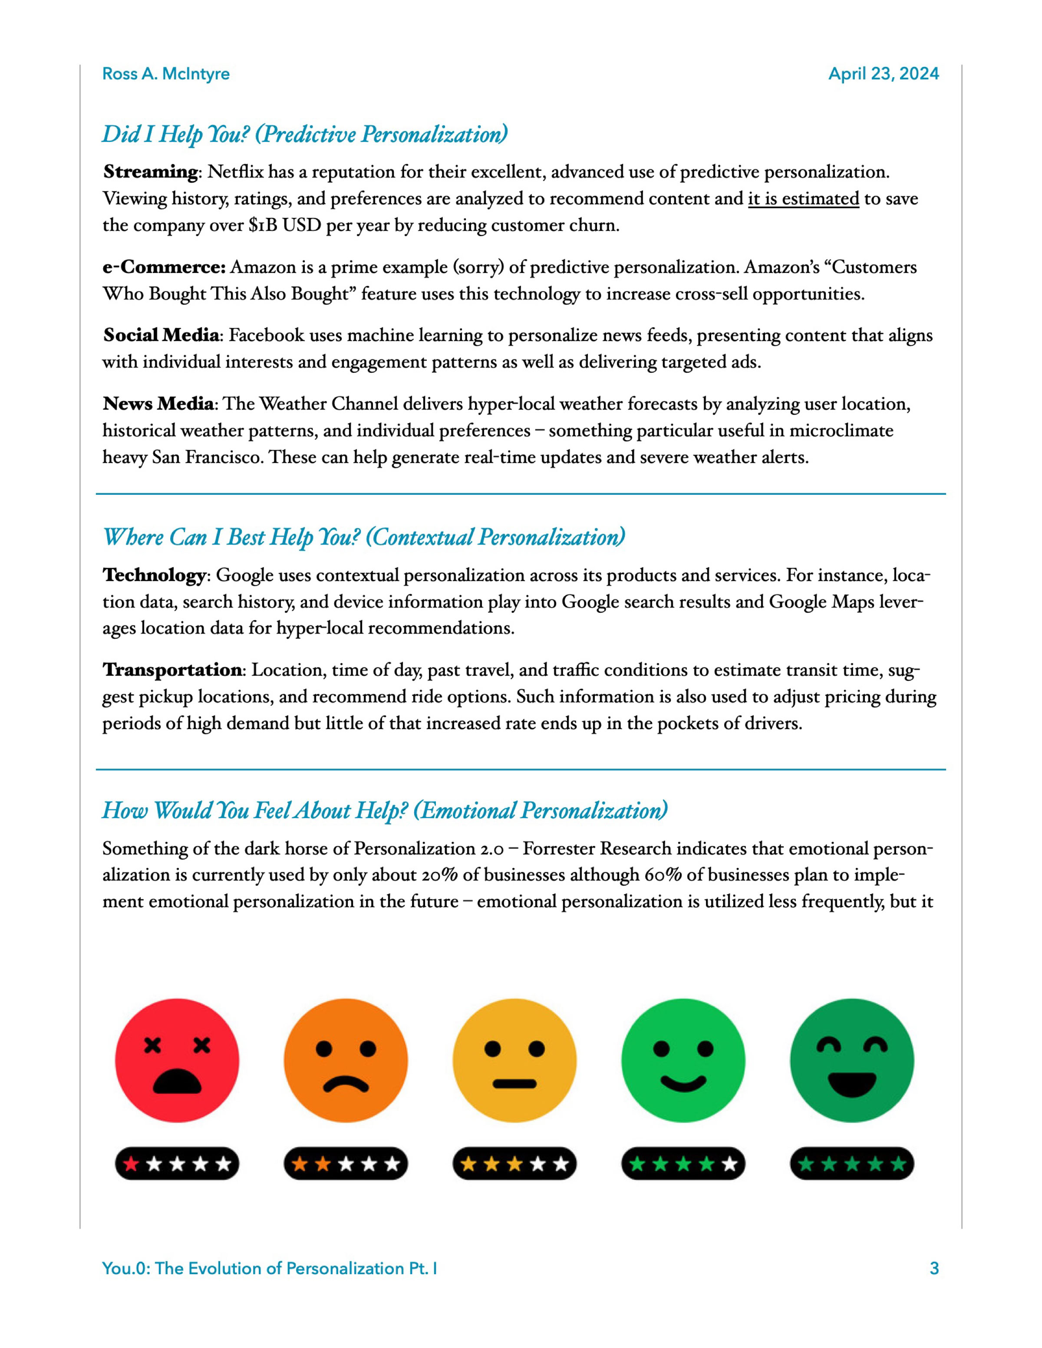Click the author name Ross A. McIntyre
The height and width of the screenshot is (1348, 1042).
[x=165, y=74]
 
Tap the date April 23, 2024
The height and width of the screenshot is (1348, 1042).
[x=884, y=74]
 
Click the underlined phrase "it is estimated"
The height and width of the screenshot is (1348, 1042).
[x=803, y=199]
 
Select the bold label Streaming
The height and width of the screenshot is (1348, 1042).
[x=151, y=171]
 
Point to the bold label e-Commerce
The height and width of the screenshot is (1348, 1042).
[x=164, y=267]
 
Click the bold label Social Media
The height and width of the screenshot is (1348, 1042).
[x=161, y=335]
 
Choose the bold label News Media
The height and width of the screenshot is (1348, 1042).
[x=158, y=404]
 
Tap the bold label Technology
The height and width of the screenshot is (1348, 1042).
[x=154, y=575]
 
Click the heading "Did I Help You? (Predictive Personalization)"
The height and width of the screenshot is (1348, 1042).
[x=305, y=134]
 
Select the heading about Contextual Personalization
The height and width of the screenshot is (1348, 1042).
[x=363, y=537]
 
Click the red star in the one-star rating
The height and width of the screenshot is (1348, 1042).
[x=131, y=1165]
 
